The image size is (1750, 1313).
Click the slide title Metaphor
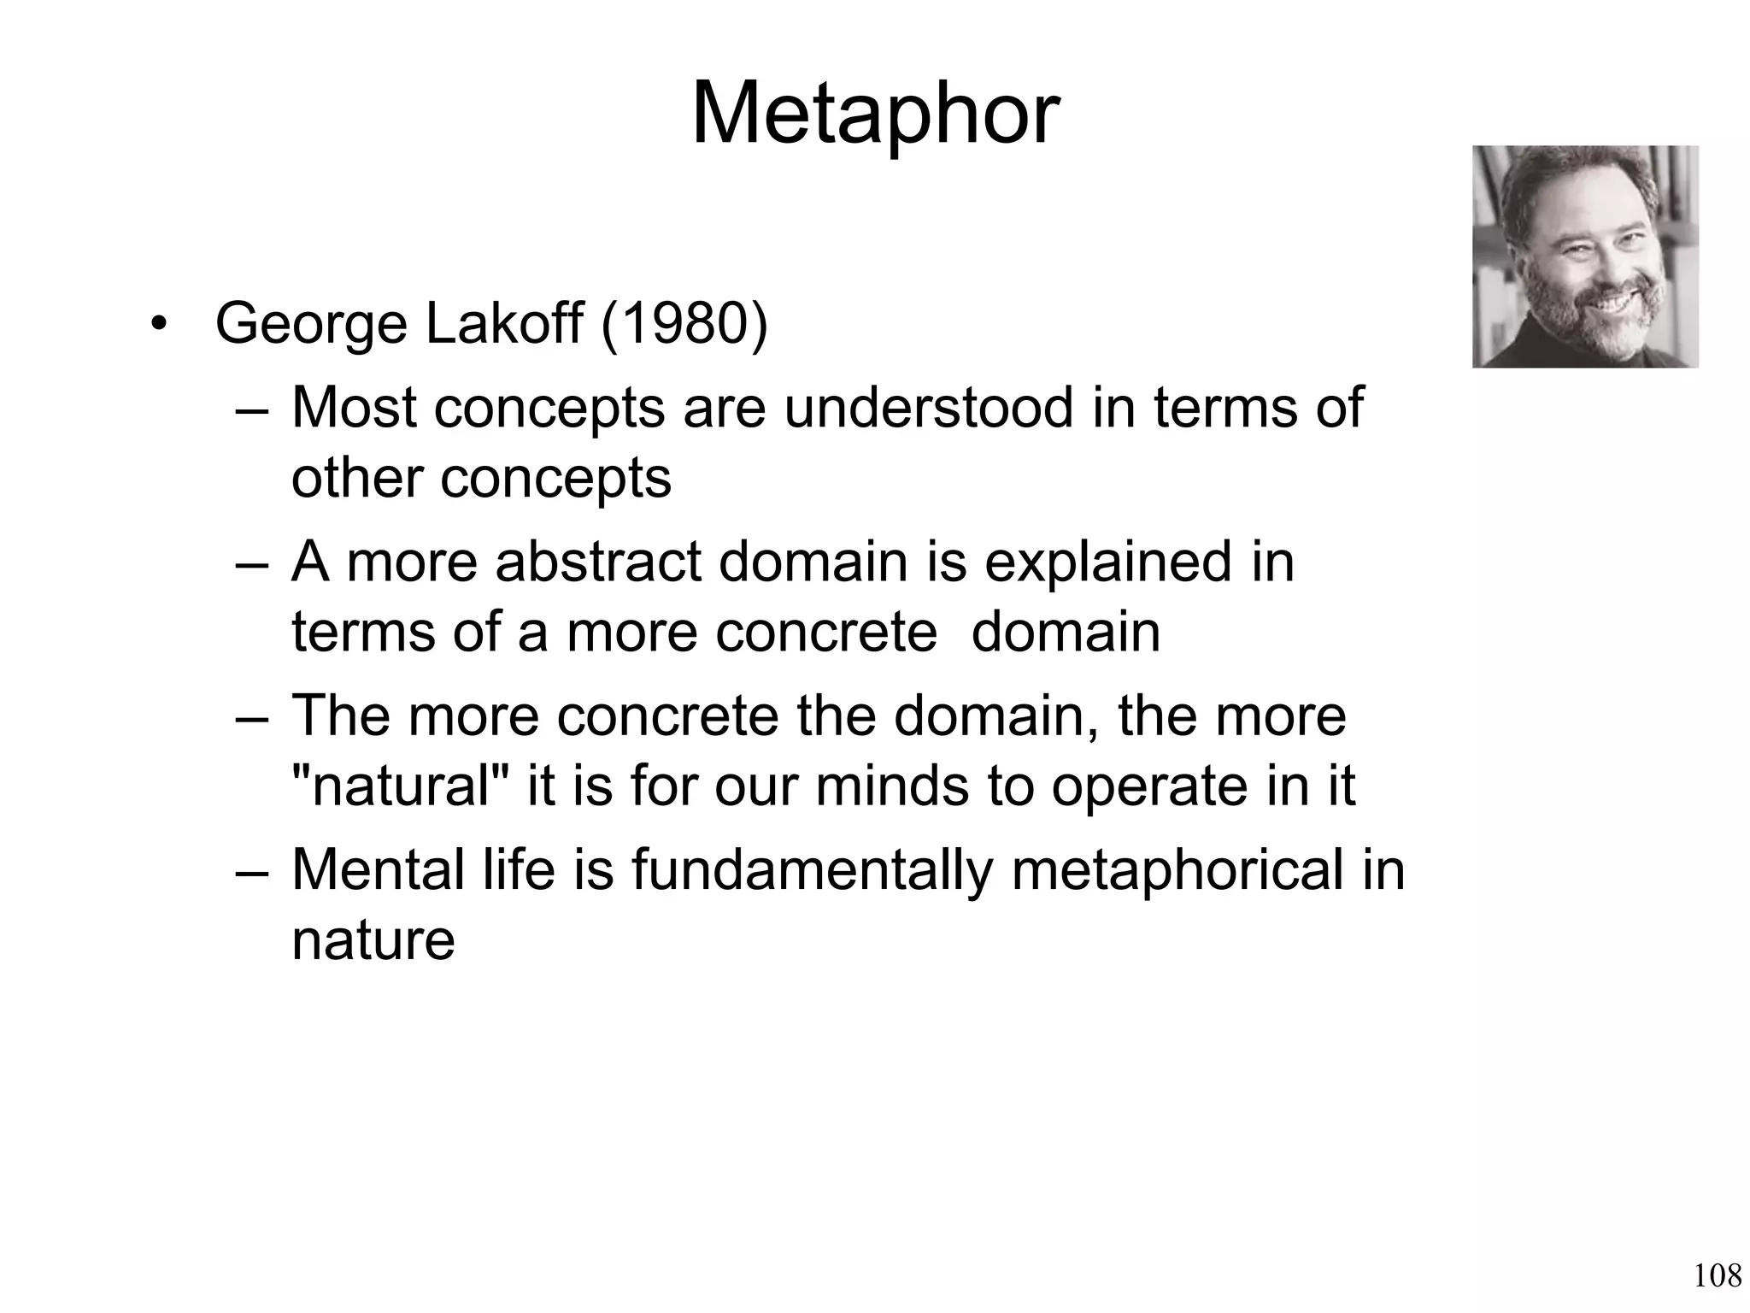(875, 115)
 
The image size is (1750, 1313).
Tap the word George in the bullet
(311, 325)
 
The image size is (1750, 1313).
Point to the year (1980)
(684, 325)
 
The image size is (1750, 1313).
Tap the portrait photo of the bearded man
(1585, 256)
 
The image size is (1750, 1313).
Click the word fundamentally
(812, 870)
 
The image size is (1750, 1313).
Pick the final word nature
(373, 940)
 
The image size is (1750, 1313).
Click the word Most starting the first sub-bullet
(354, 408)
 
